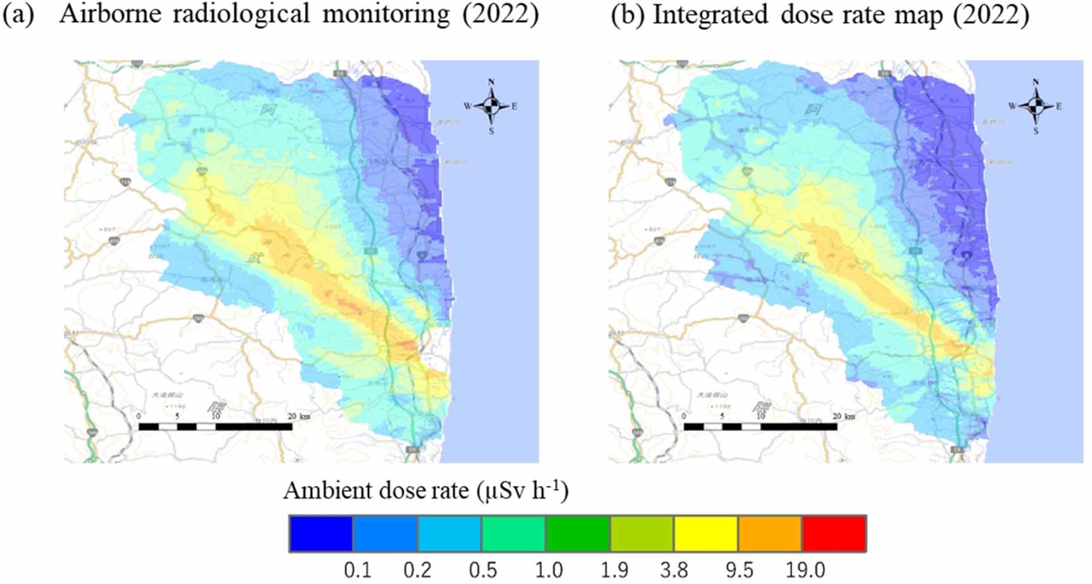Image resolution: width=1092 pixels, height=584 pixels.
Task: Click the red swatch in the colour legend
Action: pos(834,533)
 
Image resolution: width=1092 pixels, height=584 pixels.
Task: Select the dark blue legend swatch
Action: pos(321,533)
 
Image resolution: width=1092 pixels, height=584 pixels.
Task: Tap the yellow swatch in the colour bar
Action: pos(705,533)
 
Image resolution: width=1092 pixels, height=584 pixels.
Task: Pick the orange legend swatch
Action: pos(770,533)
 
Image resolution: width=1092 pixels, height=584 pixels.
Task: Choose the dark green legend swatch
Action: pos(577,533)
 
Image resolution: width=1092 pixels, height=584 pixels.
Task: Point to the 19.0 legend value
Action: pos(805,570)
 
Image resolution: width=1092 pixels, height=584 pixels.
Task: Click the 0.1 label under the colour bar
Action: pos(357,570)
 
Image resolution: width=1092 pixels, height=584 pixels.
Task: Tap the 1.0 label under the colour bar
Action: pos(548,570)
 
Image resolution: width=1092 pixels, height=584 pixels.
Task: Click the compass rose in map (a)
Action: pos(491,106)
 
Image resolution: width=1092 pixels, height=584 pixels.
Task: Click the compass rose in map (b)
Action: pos(1036,106)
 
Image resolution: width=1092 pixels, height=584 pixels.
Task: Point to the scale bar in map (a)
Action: pos(215,426)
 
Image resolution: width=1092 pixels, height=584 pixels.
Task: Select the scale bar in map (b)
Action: pos(760,426)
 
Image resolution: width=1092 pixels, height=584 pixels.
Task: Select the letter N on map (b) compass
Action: pos(1036,82)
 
